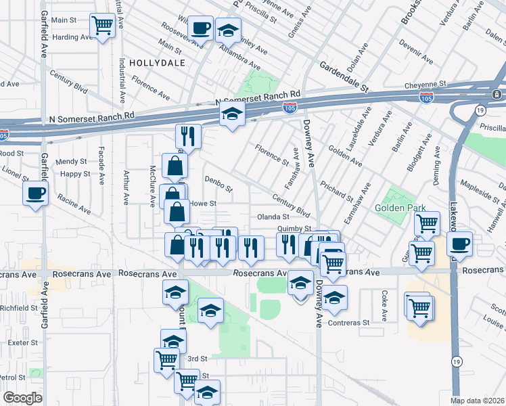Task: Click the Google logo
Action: pyautogui.click(x=23, y=397)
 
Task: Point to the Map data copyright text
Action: pyautogui.click(x=477, y=400)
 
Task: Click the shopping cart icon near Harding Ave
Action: pyautogui.click(x=103, y=26)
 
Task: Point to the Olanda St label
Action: pyautogui.click(x=273, y=217)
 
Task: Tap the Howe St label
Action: pyautogui.click(x=202, y=203)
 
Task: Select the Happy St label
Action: pyautogui.click(x=74, y=174)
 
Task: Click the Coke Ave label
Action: pyautogui.click(x=384, y=305)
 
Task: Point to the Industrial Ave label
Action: pyautogui.click(x=123, y=80)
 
